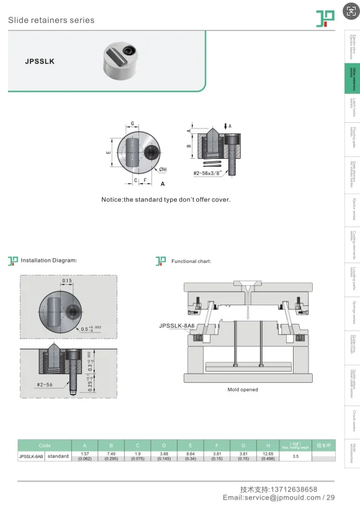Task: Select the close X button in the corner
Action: tap(351, 11)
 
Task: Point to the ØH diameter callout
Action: tap(163, 169)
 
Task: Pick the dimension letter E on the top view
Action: tap(107, 152)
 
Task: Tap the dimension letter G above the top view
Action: tap(132, 123)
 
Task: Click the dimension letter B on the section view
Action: tap(189, 146)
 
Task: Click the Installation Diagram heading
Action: tap(48, 261)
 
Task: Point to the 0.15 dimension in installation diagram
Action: tap(66, 281)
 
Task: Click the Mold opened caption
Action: tap(243, 390)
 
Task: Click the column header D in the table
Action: tap(163, 445)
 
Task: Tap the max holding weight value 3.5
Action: tap(295, 456)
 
